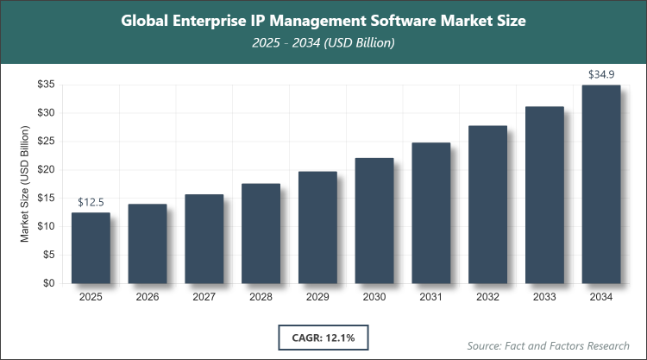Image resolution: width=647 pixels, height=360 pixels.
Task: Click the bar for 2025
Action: click(91, 248)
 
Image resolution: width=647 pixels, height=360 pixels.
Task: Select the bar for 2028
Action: click(261, 233)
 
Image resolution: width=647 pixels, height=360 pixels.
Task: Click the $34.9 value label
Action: click(601, 75)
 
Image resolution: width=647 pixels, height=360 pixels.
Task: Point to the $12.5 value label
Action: click(91, 202)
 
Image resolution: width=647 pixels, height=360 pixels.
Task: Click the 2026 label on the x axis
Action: click(148, 297)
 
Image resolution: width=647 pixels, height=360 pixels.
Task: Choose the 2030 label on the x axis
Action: click(374, 297)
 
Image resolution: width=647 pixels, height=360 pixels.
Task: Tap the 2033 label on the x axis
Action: click(544, 297)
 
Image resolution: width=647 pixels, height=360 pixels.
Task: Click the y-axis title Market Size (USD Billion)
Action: click(25, 184)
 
